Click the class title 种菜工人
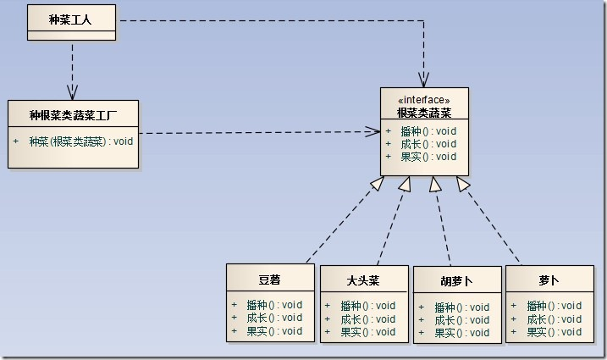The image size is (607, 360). tap(71, 18)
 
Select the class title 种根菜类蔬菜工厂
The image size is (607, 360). tap(73, 114)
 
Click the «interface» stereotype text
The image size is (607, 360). tap(423, 100)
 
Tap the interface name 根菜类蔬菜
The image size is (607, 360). tap(423, 112)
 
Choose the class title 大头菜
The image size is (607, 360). tap(363, 279)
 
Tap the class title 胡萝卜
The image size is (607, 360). tap(457, 280)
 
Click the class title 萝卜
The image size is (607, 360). tap(549, 279)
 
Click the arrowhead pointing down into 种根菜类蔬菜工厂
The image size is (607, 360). tap(72, 92)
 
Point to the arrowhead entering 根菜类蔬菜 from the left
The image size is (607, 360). tap(372, 131)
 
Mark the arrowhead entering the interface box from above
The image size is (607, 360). tap(423, 80)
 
